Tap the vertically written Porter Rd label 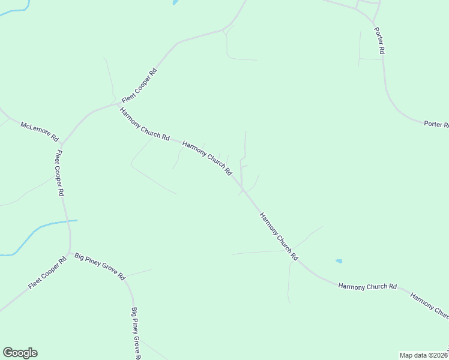[x=379, y=41]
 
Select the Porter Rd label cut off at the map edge [x=436, y=124]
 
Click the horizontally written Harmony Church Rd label [x=367, y=287]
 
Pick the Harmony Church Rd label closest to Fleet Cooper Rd [x=144, y=124]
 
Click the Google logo [x=20, y=353]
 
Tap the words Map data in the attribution [x=414, y=355]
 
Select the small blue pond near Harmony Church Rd [x=339, y=261]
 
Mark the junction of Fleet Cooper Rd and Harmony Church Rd [x=118, y=104]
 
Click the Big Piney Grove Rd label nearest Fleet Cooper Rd [x=100, y=266]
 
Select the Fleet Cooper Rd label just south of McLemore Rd [x=59, y=173]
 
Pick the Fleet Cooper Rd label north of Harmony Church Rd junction [x=139, y=84]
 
